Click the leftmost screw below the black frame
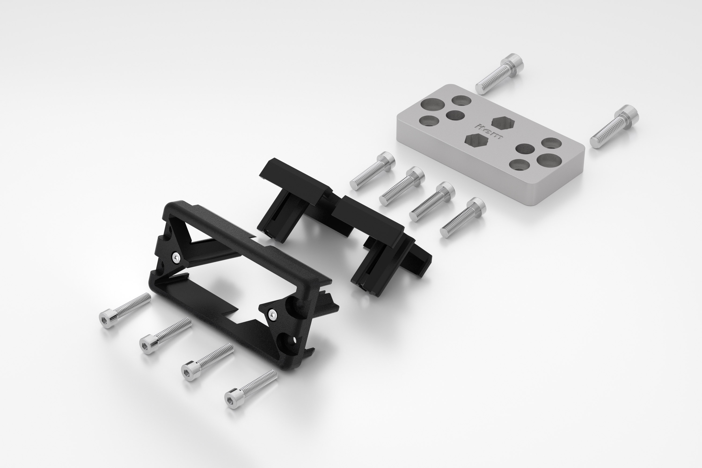point(125,310)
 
